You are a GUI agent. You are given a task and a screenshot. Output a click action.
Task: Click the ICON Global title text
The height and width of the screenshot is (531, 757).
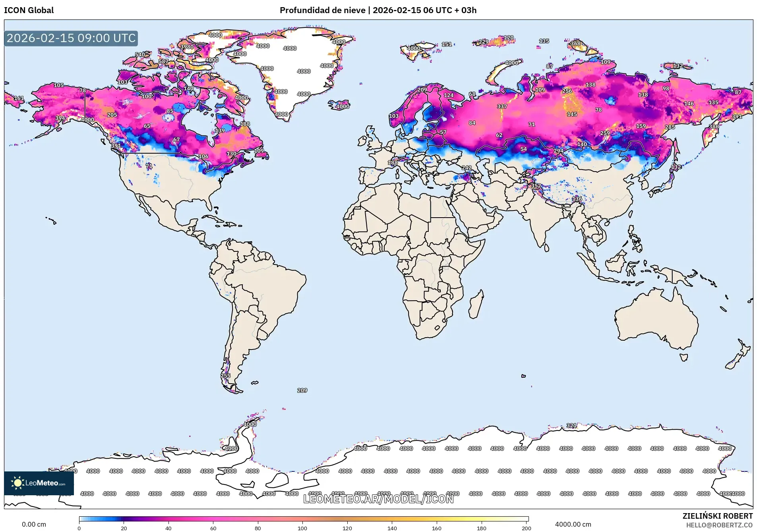(29, 10)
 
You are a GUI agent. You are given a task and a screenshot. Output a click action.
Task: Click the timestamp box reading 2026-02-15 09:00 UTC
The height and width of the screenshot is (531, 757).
(71, 38)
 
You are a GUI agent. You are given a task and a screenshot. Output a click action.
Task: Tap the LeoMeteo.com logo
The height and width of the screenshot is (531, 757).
(39, 483)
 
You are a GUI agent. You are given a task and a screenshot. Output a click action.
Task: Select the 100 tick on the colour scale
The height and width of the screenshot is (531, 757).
(302, 528)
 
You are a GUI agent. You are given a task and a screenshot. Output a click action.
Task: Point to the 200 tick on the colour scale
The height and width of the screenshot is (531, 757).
(526, 528)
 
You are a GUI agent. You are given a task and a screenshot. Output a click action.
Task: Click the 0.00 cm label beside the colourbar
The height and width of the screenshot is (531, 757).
(34, 524)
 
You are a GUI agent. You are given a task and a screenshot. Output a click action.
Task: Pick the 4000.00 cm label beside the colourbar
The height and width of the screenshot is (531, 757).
(573, 524)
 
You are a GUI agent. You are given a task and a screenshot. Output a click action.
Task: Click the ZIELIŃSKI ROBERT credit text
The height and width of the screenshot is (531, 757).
(717, 516)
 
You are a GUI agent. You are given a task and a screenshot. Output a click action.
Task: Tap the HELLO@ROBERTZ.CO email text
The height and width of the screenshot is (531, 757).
(719, 525)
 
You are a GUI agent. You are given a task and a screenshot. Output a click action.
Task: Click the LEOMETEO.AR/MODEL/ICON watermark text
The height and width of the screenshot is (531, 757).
(378, 499)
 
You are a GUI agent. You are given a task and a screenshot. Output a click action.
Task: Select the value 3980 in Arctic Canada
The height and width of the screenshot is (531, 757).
(187, 46)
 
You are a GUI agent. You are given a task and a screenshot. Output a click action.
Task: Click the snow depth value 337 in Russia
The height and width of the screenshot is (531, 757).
(502, 106)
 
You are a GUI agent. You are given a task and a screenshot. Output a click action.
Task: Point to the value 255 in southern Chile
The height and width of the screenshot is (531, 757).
(225, 376)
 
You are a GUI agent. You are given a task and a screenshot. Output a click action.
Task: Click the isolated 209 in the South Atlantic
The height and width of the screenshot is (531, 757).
(302, 390)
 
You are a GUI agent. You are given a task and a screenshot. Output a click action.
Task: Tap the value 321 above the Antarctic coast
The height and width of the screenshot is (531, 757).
(571, 425)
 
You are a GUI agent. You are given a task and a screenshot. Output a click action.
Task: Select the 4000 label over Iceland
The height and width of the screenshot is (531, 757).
(343, 106)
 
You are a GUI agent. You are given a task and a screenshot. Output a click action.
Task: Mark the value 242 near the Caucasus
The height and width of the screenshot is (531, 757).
(467, 168)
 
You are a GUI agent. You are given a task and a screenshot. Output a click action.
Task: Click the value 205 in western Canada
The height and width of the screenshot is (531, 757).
(112, 115)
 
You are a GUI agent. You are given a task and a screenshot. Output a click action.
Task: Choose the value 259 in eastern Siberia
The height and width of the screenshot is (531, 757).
(605, 133)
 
